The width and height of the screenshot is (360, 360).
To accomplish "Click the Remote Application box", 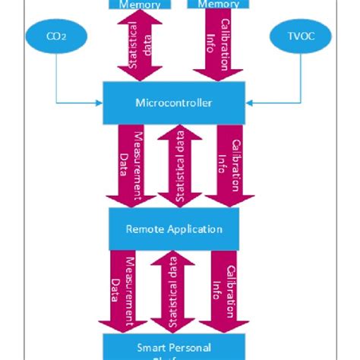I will coord(175,227).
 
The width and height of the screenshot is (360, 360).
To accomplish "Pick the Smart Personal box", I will coord(175,346).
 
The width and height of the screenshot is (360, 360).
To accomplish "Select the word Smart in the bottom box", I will coord(149,346).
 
